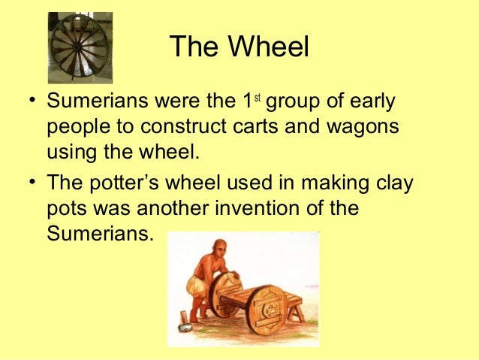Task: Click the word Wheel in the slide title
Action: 271,47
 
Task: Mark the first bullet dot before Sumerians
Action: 28,102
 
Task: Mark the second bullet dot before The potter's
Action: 28,183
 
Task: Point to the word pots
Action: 68,208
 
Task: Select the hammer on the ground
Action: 183,328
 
